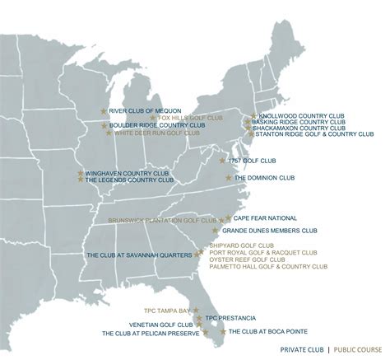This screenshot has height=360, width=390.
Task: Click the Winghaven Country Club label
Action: pyautogui.click(x=123, y=173)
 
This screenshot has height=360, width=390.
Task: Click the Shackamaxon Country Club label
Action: pyautogui.click(x=299, y=128)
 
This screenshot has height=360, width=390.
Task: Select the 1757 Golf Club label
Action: pyautogui.click(x=253, y=161)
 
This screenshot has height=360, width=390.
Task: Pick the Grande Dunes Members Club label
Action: pyautogui.click(x=276, y=231)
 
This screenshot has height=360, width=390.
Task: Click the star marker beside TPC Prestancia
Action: pyautogui.click(x=199, y=317)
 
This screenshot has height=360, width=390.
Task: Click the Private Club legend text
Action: pyautogui.click(x=303, y=349)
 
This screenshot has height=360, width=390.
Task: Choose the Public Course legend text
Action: pyautogui.click(x=359, y=349)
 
